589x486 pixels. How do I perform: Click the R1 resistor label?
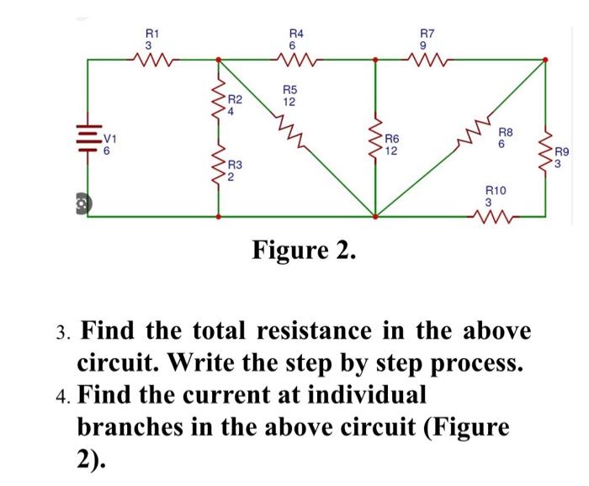148,33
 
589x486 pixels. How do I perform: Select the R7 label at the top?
427,33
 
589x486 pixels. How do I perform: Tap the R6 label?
391,140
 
